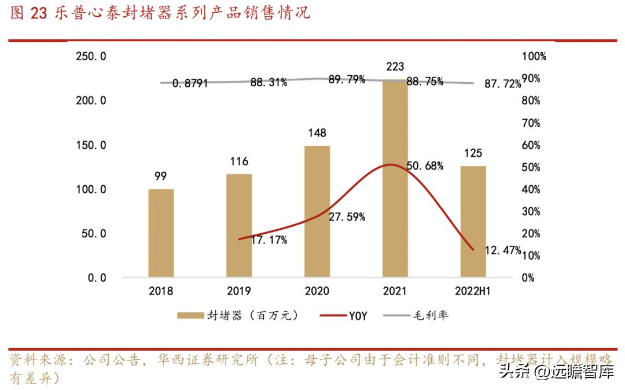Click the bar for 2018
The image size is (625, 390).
161,233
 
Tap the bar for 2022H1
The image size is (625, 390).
473,222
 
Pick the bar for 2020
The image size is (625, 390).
317,211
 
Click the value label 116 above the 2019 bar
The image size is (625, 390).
238,161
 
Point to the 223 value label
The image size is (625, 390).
395,67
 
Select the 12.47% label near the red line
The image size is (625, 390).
502,251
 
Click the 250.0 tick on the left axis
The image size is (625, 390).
91,56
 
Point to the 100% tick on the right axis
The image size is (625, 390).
534,56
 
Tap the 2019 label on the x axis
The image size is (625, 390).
238,291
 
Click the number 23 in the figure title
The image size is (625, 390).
38,14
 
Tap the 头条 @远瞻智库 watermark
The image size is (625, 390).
556,370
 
